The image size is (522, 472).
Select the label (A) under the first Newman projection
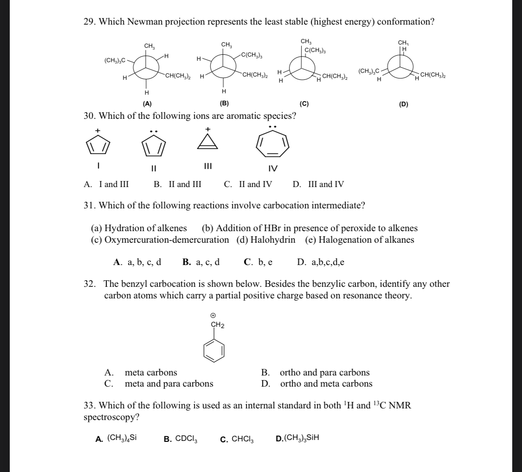tap(147, 104)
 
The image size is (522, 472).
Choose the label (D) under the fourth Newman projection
tap(404, 104)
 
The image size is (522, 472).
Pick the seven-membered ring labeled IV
tap(274, 145)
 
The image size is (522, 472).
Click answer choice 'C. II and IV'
tap(248, 184)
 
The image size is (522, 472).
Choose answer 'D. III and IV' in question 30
tap(318, 184)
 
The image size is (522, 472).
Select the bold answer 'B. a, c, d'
tap(201, 262)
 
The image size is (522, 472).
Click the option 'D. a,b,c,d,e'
tap(321, 262)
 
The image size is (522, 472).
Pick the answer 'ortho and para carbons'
tap(325, 372)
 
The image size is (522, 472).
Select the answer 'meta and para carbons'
tap(169, 384)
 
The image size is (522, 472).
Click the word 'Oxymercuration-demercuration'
tap(167, 240)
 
